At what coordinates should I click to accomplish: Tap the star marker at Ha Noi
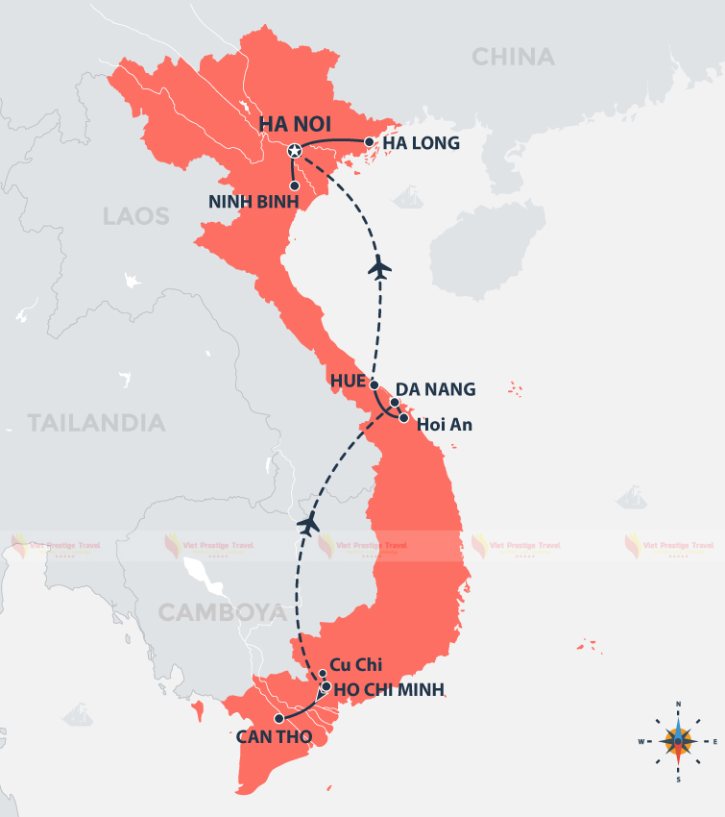point(295,151)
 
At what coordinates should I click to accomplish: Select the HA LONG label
point(422,144)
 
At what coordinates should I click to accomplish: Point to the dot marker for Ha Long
point(368,142)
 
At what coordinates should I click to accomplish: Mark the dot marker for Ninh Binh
point(295,186)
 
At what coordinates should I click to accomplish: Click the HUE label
point(349,381)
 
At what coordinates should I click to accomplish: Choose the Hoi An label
point(445,424)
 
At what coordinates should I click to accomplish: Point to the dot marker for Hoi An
point(404,418)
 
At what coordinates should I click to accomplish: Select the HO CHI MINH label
point(389,689)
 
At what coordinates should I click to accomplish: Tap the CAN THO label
point(272,738)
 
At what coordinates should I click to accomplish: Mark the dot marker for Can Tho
point(278,718)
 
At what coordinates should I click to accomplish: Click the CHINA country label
point(513,58)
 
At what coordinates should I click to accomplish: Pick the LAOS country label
point(136,216)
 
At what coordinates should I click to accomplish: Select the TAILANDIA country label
point(96,423)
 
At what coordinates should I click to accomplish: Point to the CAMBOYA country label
point(221,612)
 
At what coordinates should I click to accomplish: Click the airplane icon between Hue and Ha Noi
point(380,267)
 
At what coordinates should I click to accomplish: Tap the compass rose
point(678,741)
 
